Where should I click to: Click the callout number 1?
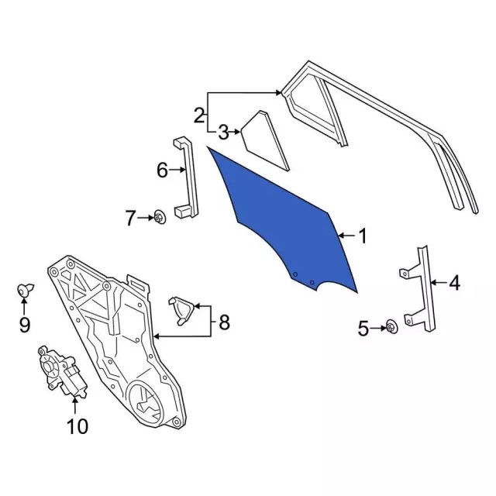coord(363,235)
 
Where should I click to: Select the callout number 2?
coord(199,116)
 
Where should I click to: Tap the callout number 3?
coord(222,132)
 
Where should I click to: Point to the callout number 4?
coord(454,284)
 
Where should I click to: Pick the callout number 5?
coord(363,329)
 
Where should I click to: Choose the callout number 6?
coord(162,170)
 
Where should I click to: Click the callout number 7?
coord(130,219)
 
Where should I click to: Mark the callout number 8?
coord(224,322)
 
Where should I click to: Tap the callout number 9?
coord(24,325)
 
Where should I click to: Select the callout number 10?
coord(78,425)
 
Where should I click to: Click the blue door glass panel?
coord(287,221)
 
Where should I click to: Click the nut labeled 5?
coord(391,329)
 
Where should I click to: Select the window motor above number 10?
coord(62,372)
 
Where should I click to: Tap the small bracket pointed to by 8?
coord(183,309)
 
